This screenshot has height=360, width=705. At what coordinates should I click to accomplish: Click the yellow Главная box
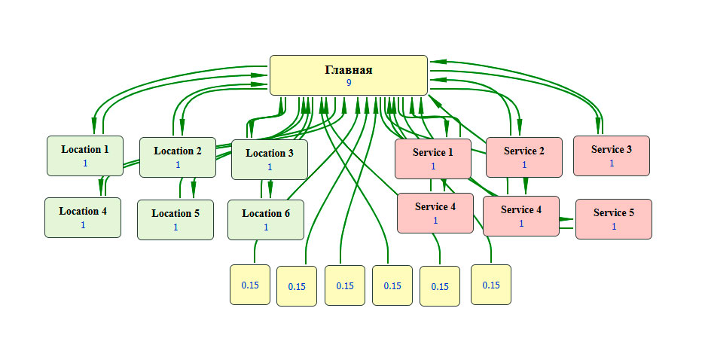[349, 75]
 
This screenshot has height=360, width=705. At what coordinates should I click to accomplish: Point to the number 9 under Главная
[349, 83]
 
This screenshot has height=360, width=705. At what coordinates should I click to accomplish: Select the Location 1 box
[84, 156]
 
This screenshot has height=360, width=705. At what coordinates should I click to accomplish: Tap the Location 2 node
[178, 157]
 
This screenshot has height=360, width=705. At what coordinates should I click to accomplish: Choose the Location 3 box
[269, 160]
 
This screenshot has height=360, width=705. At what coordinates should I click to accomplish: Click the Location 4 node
[83, 218]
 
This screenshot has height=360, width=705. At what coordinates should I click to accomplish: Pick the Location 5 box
[175, 220]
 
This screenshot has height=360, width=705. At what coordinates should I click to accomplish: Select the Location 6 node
[265, 220]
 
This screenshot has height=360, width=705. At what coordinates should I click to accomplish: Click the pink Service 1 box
[433, 159]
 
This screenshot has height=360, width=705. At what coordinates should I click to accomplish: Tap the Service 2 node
[523, 157]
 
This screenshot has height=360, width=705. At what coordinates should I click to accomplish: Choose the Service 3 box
[611, 156]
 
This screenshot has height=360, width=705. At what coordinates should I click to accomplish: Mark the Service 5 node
[613, 219]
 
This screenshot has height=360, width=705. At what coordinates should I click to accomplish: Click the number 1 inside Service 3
[612, 163]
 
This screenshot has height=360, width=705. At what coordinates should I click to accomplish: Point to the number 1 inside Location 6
[266, 227]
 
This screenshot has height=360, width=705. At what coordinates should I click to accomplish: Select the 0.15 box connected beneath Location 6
[250, 285]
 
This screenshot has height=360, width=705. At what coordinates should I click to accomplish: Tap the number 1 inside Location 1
[85, 163]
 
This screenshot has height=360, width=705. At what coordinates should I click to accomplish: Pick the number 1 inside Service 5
[614, 226]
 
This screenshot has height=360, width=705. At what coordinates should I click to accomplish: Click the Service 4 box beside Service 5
[520, 216]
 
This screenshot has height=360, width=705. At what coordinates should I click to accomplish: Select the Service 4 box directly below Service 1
[435, 213]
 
